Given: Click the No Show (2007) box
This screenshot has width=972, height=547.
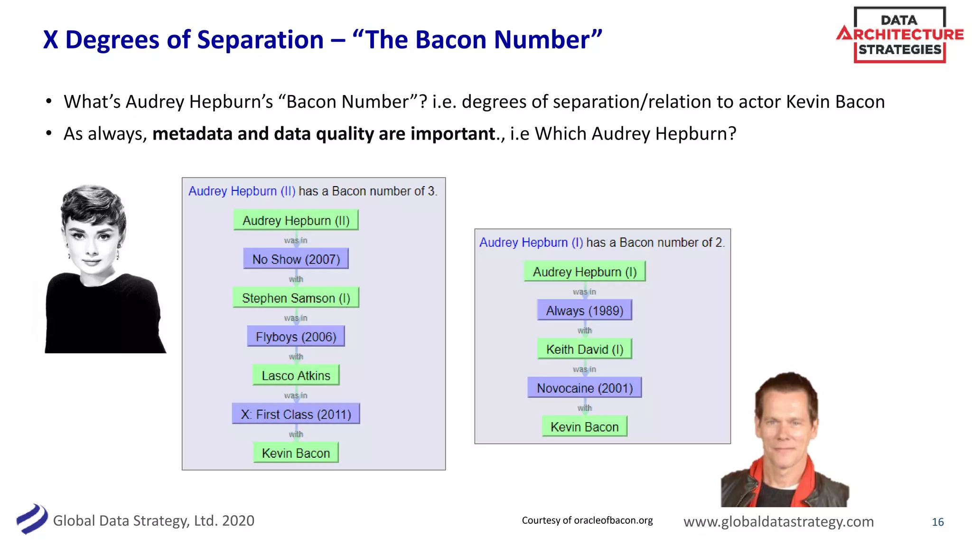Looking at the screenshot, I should [296, 259].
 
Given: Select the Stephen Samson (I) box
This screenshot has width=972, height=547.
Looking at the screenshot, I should [296, 298].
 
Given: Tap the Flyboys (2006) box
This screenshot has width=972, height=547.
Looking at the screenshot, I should [296, 337].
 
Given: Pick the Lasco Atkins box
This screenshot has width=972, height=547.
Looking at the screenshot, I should [296, 375].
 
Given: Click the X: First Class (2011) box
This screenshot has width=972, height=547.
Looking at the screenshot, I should [296, 414].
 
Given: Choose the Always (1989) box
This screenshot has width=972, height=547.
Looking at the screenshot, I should [584, 310].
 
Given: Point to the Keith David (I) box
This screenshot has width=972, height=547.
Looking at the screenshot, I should [584, 349].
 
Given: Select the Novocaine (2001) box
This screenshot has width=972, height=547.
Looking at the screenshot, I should [584, 388].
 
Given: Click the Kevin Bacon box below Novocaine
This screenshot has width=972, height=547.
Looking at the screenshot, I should [584, 426].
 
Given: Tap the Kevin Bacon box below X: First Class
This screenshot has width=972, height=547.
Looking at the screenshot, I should [296, 453].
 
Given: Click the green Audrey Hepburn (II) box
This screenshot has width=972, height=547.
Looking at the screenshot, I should [296, 220].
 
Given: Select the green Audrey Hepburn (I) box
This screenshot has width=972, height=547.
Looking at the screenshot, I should [584, 272].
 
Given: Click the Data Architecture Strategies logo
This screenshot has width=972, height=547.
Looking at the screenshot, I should [899, 35].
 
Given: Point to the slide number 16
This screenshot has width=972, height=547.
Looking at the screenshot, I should [937, 522].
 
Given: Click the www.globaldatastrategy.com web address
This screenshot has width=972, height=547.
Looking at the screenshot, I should [778, 521].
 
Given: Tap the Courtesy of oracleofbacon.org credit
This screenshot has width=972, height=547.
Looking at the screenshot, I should [587, 520].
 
